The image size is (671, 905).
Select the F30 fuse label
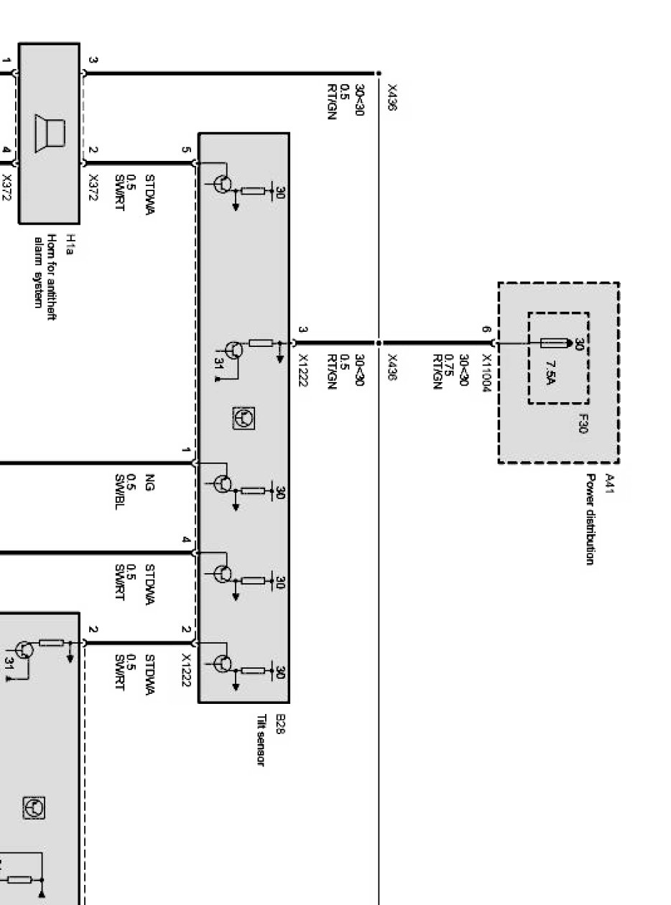coord(583,424)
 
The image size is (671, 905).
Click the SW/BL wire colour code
coord(120,492)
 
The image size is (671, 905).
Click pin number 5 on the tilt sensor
coord(186,150)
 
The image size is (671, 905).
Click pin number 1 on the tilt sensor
coord(186,450)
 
